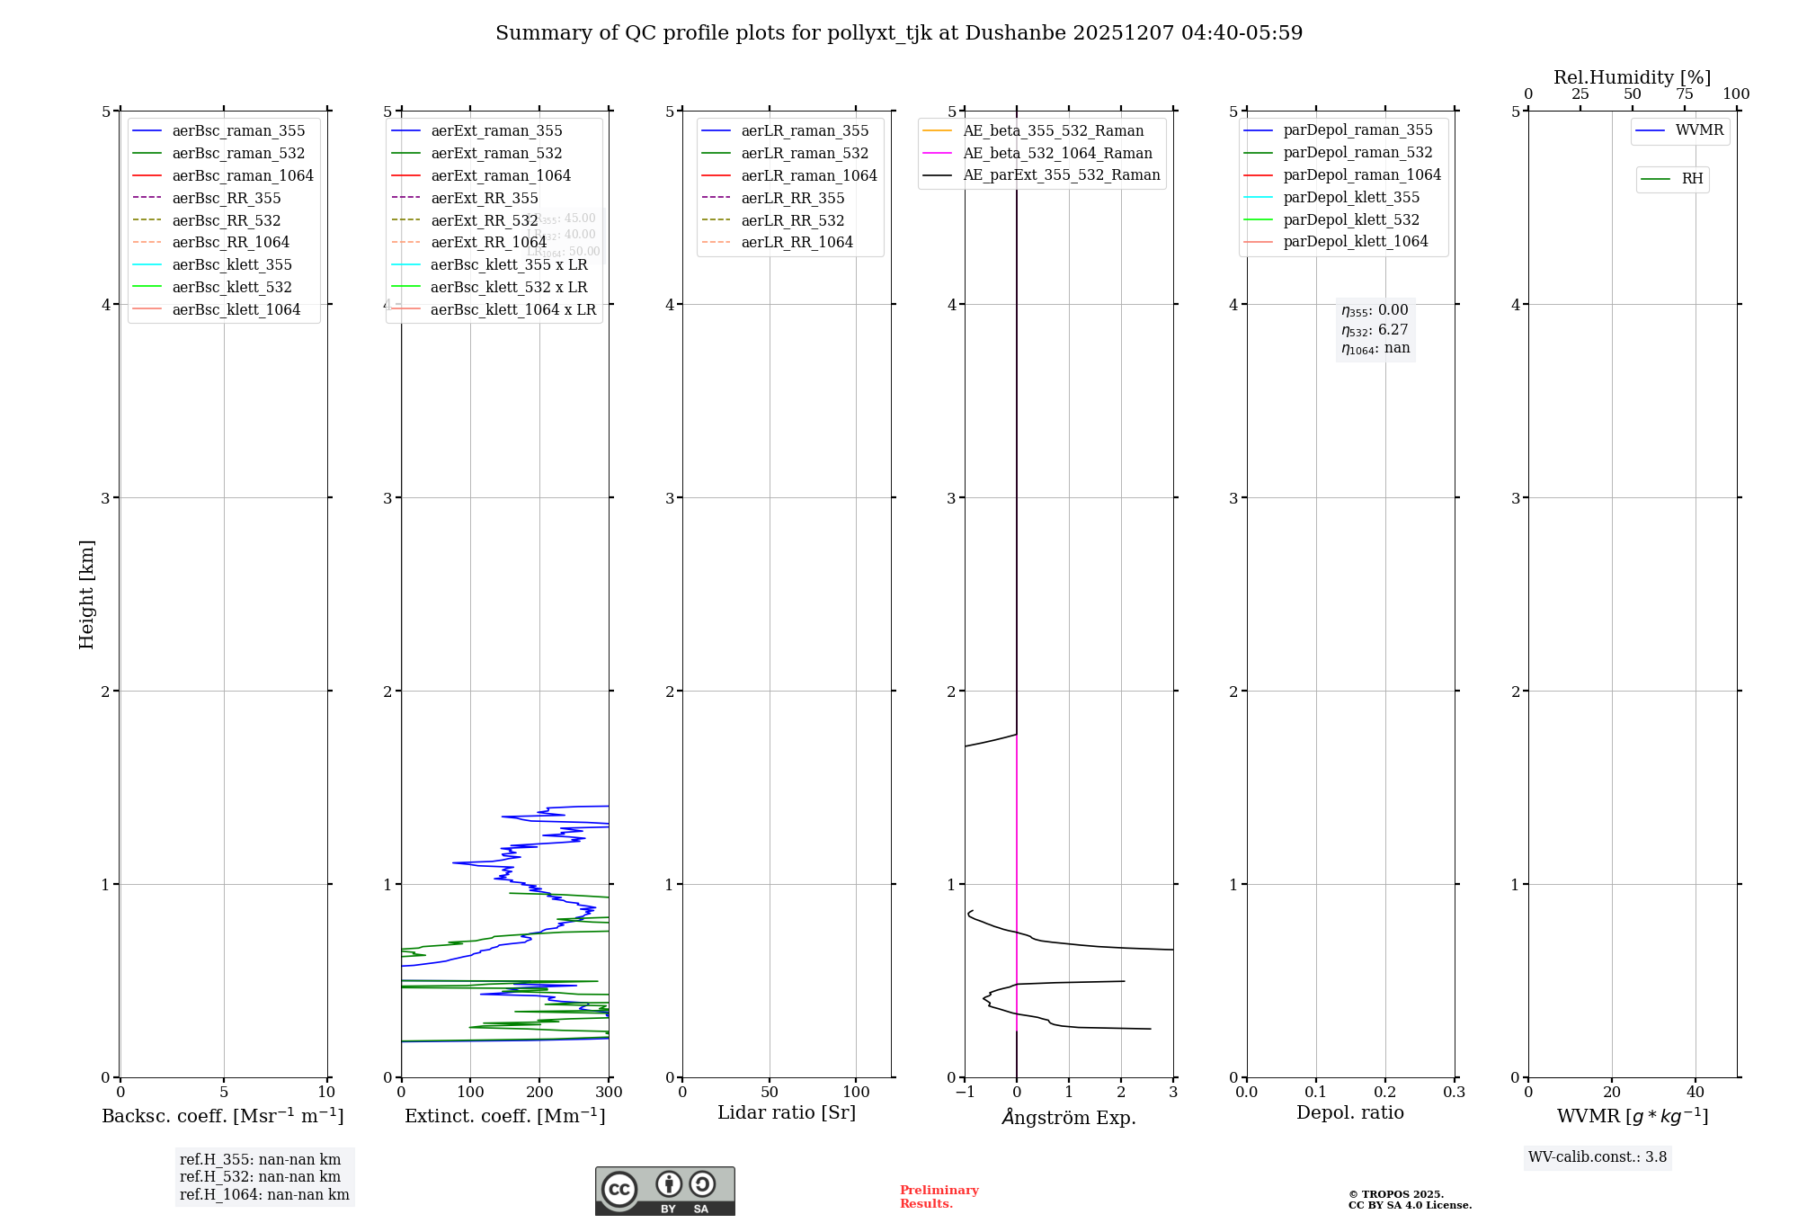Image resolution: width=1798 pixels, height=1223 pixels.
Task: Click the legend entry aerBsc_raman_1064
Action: (242, 175)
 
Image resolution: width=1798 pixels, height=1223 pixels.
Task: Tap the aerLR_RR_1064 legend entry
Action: (797, 242)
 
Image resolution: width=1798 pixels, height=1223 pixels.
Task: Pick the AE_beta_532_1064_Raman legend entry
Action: (1057, 153)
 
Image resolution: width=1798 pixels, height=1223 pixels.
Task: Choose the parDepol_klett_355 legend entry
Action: (1351, 197)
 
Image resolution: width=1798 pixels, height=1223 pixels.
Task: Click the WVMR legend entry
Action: (1699, 130)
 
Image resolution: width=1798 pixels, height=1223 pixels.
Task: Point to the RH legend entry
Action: (1692, 179)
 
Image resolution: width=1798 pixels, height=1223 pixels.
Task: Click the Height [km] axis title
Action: (86, 594)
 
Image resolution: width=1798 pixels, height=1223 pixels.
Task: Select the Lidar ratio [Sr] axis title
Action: (787, 1112)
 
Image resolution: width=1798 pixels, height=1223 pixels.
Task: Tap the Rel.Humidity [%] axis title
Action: (1632, 77)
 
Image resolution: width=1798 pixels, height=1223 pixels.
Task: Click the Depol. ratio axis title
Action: (1349, 1112)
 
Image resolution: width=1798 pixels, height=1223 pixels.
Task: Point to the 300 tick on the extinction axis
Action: (609, 1093)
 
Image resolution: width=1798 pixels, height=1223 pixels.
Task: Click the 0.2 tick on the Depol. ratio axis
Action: (1385, 1093)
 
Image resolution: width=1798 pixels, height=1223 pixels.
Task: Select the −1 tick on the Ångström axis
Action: (965, 1093)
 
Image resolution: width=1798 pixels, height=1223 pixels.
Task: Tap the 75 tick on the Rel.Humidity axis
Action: (1684, 94)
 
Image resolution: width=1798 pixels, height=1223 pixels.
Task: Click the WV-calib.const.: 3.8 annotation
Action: (1598, 1157)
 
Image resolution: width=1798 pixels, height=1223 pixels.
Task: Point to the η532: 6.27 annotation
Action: (1375, 330)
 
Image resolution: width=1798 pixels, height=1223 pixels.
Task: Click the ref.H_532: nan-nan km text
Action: (260, 1177)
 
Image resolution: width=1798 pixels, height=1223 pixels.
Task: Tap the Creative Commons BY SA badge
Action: (664, 1192)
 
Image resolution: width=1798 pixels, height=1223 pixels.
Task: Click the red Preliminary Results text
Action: (939, 1197)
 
